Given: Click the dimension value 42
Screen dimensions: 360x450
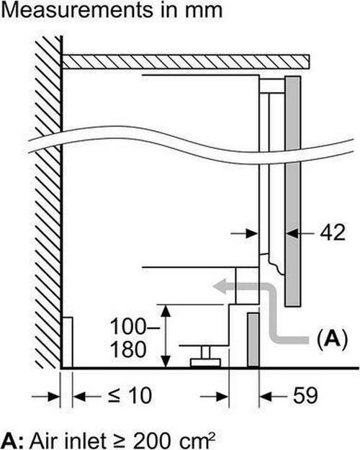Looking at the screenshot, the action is pyautogui.click(x=333, y=233).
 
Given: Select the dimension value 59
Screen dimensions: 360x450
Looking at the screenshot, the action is pyautogui.click(x=305, y=395).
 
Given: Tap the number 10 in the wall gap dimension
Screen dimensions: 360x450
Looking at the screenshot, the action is pyautogui.click(x=140, y=395).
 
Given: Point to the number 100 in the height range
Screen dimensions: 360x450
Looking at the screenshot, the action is pyautogui.click(x=128, y=326).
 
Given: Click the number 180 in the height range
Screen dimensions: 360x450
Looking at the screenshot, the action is pyautogui.click(x=128, y=349).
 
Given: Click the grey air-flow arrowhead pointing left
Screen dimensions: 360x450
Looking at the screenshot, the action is pyautogui.click(x=220, y=287).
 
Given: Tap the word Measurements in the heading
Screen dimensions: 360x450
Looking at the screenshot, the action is pyautogui.click(x=77, y=10).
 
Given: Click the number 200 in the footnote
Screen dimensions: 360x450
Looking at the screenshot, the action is pyautogui.click(x=151, y=441).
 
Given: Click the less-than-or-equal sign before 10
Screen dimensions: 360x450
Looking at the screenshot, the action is pyautogui.click(x=114, y=395).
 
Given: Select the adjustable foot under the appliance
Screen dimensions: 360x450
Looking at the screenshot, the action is pyautogui.click(x=205, y=356).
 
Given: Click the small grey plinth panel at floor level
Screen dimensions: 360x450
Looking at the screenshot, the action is pyautogui.click(x=253, y=340).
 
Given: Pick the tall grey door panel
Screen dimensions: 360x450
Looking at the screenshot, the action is pyautogui.click(x=293, y=192).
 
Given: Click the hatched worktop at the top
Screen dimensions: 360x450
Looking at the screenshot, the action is pyautogui.click(x=186, y=61).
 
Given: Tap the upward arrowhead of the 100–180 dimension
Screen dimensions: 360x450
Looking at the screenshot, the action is pyautogui.click(x=166, y=311).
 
